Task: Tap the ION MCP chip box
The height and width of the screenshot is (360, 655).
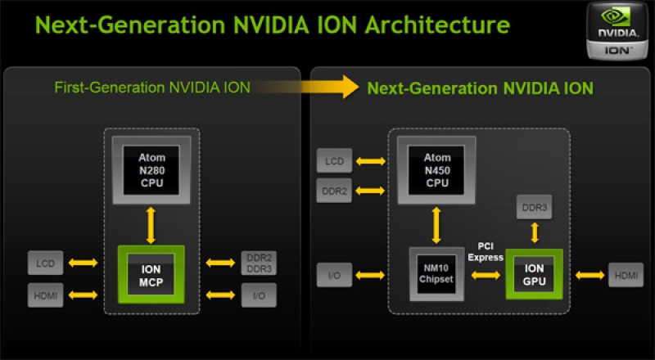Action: pyautogui.click(x=151, y=274)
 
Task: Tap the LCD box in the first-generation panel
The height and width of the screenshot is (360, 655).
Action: pyautogui.click(x=45, y=263)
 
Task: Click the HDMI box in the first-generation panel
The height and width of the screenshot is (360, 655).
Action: pyautogui.click(x=45, y=294)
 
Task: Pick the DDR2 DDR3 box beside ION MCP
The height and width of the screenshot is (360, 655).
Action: pyautogui.click(x=259, y=263)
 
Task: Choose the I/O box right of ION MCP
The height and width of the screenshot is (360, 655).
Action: pyautogui.click(x=259, y=295)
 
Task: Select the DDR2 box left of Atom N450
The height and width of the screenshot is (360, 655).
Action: pyautogui.click(x=334, y=191)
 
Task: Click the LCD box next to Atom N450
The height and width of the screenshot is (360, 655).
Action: pyautogui.click(x=334, y=160)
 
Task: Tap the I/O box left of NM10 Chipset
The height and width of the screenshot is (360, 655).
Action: pyautogui.click(x=334, y=275)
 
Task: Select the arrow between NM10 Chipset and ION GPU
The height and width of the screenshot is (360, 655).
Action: pyautogui.click(x=485, y=275)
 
